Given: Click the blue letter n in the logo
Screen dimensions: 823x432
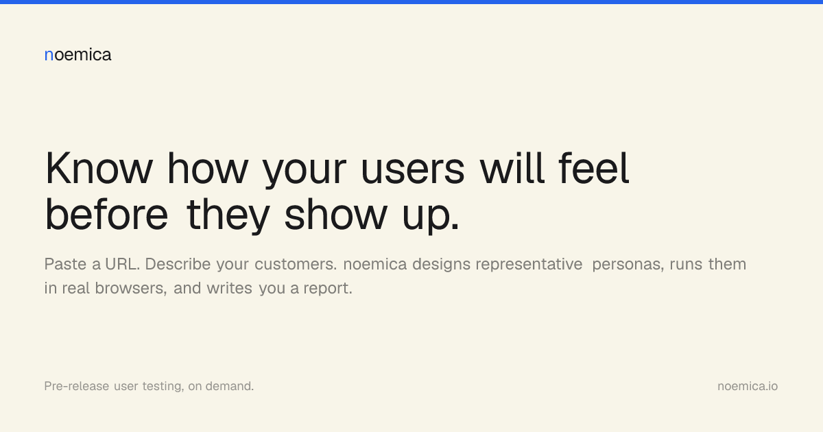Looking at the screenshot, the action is pos(49,56).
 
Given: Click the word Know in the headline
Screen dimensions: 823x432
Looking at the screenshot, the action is pos(99,168).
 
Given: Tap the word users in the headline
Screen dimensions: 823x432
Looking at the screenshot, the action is pos(413,171).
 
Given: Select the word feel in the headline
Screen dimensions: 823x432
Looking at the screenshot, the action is pos(594,167).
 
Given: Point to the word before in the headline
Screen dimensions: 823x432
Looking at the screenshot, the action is pos(106,214).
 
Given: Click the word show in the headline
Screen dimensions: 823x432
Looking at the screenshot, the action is pos(336,214).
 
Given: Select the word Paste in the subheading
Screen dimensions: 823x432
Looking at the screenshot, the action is pos(65,264).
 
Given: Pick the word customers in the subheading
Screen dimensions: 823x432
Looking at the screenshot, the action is pos(296,264).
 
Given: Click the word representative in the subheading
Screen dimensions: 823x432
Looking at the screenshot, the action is pos(529,264).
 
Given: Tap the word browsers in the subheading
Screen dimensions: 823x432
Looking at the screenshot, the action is pos(131,288).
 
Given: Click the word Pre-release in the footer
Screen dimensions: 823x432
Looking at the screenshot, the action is pos(76,386).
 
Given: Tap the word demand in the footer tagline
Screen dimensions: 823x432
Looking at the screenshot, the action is pos(229,386).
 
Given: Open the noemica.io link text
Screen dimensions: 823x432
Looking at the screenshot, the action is pos(748,386).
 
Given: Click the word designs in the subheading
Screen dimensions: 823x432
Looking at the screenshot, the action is pos(441,265).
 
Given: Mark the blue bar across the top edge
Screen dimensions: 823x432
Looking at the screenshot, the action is pos(411,2).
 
